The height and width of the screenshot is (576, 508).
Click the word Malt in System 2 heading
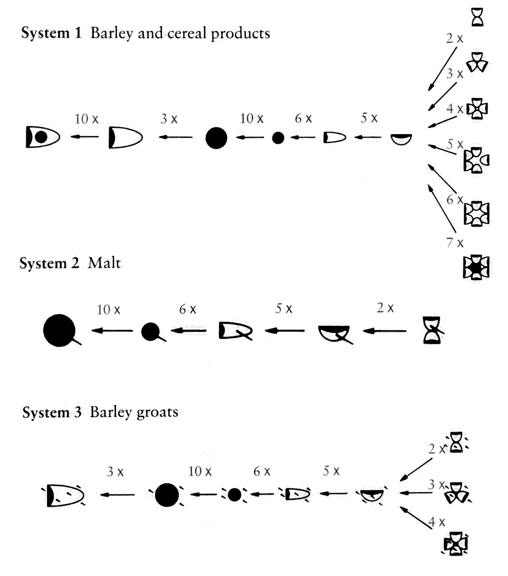pos(104,263)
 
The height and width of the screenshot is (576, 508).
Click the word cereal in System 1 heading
pos(187,33)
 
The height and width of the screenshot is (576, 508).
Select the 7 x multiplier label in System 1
pos(455,243)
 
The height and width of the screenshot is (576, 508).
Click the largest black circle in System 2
pos(59,330)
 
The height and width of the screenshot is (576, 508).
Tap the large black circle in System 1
pos(216,138)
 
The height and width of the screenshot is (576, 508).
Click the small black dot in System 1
pos(278,138)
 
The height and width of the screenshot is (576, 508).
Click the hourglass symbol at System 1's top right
pos(477,17)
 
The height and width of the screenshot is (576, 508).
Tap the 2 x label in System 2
pos(385,308)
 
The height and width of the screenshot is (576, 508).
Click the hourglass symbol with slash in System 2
pos(432,330)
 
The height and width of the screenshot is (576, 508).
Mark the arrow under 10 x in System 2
pos(112,331)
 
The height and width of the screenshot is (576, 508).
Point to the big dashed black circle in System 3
pos(167,495)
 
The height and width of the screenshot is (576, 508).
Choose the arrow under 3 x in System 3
pos(118,494)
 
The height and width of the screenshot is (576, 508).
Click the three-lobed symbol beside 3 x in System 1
pos(477,62)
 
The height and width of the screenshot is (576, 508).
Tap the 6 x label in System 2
pos(187,309)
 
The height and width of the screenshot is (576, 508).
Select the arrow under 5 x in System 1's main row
pos(368,137)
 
